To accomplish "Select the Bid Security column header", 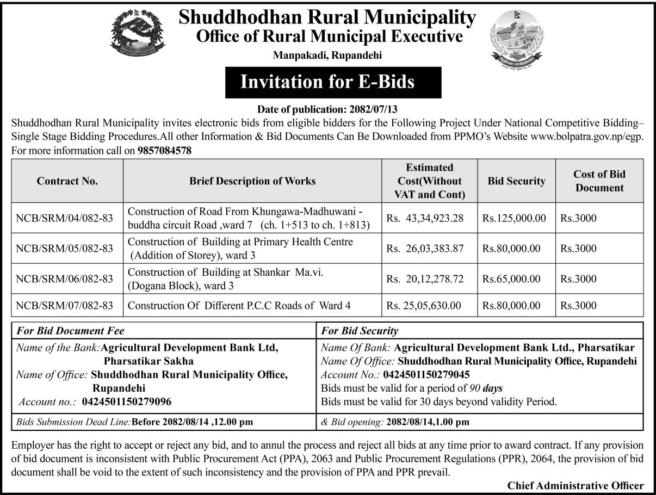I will (516, 181).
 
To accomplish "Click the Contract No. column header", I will (67, 181).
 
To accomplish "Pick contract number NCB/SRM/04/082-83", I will (64, 219).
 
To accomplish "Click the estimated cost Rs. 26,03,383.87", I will (425, 249).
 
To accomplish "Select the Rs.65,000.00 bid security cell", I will (511, 279).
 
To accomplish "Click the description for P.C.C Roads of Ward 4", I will (239, 306).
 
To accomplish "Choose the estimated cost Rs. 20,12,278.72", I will (425, 279).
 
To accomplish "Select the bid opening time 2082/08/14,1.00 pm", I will (427, 421).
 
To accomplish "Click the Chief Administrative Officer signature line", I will (575, 486).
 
